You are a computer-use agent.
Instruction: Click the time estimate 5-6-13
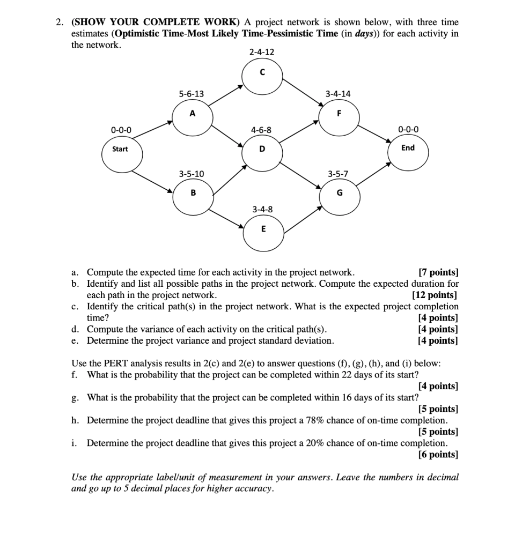[x=192, y=94]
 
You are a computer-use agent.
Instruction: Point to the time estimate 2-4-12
[x=262, y=52]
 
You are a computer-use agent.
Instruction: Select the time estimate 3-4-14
[x=338, y=94]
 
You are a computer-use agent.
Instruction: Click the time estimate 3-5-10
[x=192, y=174]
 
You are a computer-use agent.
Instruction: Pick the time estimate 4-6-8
[x=261, y=130]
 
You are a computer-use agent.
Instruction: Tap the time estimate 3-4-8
[x=262, y=209]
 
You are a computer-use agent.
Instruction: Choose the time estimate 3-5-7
[x=338, y=174]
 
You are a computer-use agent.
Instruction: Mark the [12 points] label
[x=435, y=295]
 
